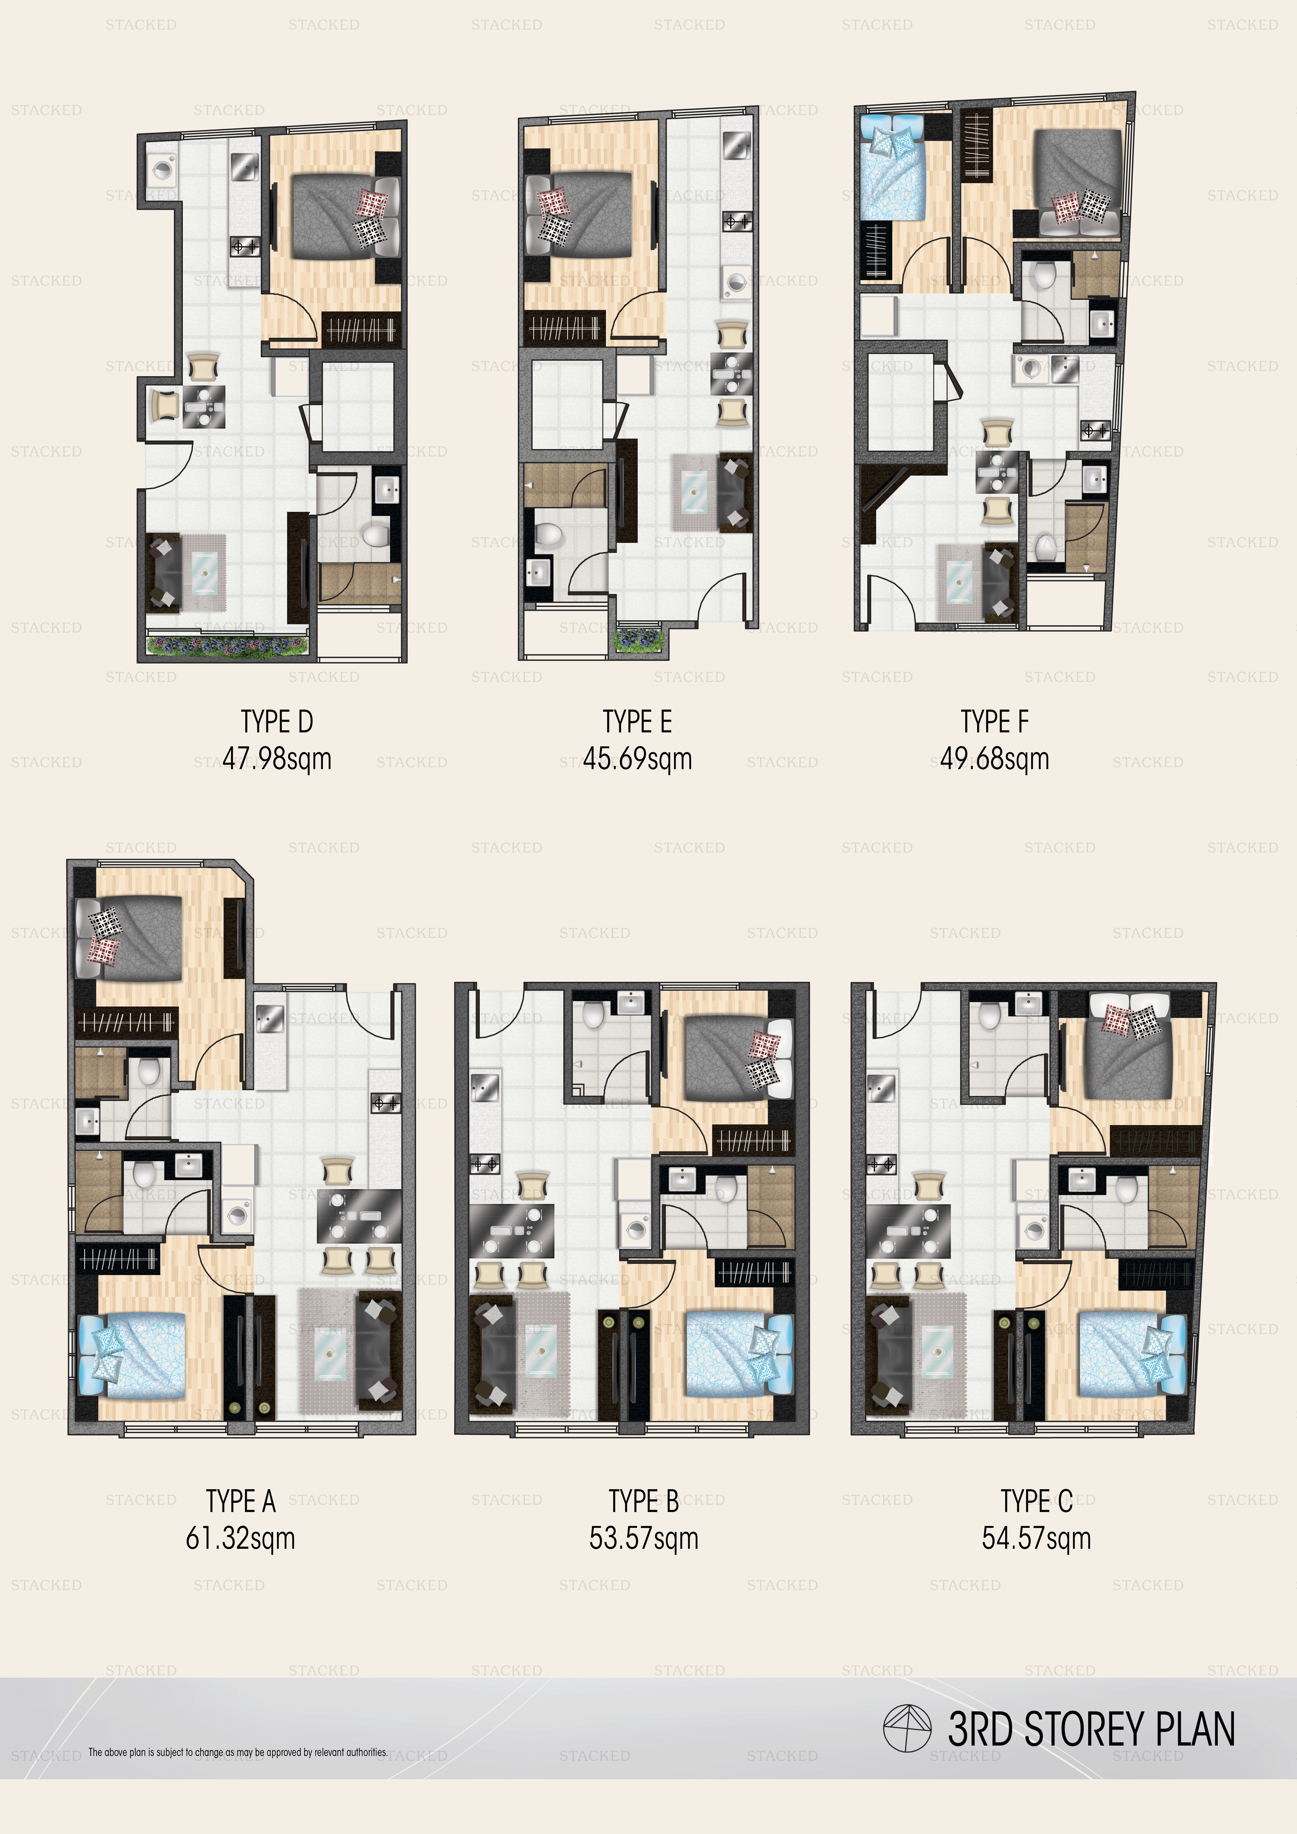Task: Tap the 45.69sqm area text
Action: point(637,759)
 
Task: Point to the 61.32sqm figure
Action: point(241,1538)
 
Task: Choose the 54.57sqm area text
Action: point(1036,1538)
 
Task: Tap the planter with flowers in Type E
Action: point(637,639)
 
